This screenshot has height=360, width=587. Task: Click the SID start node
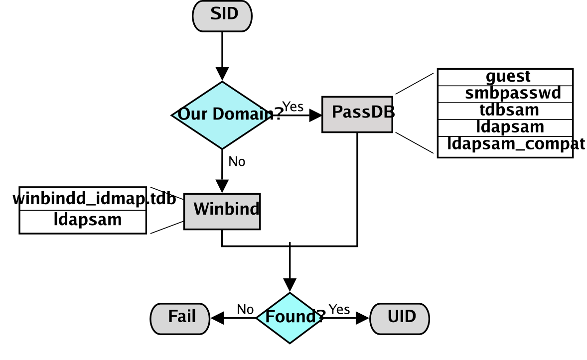pyautogui.click(x=222, y=15)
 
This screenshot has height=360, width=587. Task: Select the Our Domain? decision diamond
pyautogui.click(x=222, y=115)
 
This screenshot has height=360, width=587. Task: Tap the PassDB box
pyautogui.click(x=357, y=114)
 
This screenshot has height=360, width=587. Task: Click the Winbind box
pyautogui.click(x=222, y=211)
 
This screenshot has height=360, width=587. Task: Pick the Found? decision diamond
pyautogui.click(x=290, y=318)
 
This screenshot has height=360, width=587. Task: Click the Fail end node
pyautogui.click(x=180, y=318)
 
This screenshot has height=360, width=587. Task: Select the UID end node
pyautogui.click(x=400, y=318)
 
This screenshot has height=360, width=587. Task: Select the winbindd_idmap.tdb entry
pyautogui.click(x=94, y=199)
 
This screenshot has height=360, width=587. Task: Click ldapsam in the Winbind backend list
pyautogui.click(x=88, y=220)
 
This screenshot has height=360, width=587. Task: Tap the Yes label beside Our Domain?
pyautogui.click(x=293, y=107)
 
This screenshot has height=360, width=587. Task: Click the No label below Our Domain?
pyautogui.click(x=237, y=162)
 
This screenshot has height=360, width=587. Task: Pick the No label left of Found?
pyautogui.click(x=245, y=309)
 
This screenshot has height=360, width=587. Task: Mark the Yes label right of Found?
pyautogui.click(x=339, y=309)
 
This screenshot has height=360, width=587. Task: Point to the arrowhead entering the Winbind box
pyautogui.click(x=222, y=186)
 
